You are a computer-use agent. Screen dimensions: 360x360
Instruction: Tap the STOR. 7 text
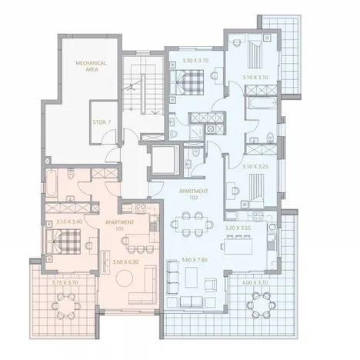tap(101, 122)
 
